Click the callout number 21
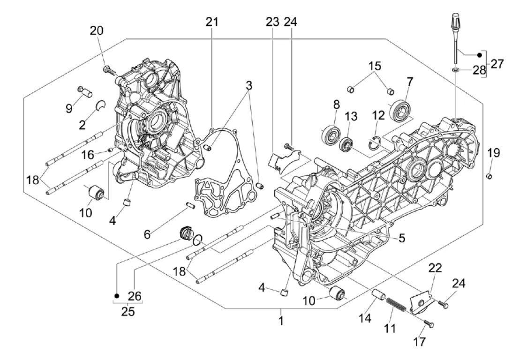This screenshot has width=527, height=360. click(x=212, y=22)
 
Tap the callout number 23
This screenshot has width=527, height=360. click(x=272, y=22)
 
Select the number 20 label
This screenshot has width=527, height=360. click(x=97, y=30)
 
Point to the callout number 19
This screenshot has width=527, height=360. click(x=494, y=153)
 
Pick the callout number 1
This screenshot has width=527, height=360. click(x=281, y=320)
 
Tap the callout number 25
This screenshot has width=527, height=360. click(x=128, y=312)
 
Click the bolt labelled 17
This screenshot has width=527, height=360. click(x=429, y=324)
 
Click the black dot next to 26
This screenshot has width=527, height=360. click(x=117, y=296)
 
